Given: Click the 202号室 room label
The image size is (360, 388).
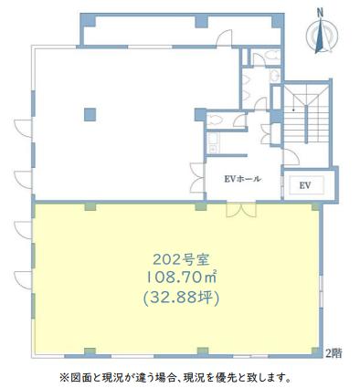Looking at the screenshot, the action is [x=181, y=259].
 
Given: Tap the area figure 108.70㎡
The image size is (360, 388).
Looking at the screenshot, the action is [x=182, y=278].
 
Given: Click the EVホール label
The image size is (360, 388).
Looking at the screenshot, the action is [x=242, y=179].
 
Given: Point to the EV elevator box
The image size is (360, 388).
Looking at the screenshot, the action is [x=305, y=185].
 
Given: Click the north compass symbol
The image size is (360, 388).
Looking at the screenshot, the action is [x=322, y=36].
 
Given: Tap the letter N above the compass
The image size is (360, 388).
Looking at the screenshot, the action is [x=320, y=12].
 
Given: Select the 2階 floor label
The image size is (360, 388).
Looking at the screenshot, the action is [x=334, y=353].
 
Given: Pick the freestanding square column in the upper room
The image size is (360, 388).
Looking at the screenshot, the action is [x=90, y=114].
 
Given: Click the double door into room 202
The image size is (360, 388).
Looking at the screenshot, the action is [x=241, y=210].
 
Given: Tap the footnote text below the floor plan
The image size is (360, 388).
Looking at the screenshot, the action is [x=175, y=377].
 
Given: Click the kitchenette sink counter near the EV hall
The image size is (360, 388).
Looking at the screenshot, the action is [x=212, y=143].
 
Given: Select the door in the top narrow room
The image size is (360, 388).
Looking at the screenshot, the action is [x=224, y=38].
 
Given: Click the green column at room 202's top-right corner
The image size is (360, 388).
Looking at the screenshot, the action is [x=315, y=207].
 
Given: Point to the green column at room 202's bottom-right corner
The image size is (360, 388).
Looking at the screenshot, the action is [x=315, y=351].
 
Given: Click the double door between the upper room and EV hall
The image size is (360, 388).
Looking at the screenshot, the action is [x=196, y=178].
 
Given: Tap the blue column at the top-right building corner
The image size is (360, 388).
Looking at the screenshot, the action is [x=278, y=20].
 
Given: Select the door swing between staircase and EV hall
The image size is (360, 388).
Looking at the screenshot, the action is [x=291, y=157].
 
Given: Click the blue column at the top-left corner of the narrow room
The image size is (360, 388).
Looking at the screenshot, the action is [x=89, y=20].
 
